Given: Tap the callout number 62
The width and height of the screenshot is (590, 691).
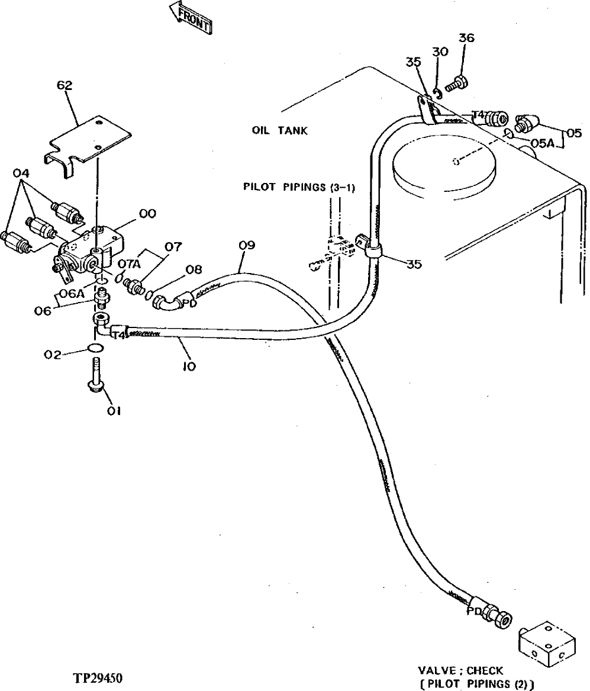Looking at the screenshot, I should tap(65, 86).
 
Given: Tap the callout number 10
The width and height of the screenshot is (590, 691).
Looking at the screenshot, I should tap(189, 367).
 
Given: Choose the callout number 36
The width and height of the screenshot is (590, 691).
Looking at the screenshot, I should tap(466, 38).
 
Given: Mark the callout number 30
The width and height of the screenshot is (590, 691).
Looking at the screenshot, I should tap(440, 52).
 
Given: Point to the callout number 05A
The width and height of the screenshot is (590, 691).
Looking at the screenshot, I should tap(542, 143).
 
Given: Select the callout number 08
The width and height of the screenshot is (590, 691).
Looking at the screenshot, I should tap(194, 270).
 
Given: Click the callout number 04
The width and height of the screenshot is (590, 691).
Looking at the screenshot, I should tap(22, 173).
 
